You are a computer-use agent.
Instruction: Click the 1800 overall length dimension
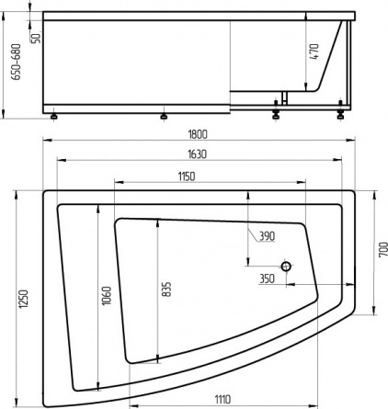[198, 134]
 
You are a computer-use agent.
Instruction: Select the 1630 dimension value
[198, 154]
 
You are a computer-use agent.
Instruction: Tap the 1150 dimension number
[187, 176]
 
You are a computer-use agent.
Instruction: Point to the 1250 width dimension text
[24, 299]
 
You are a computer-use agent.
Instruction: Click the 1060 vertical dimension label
[107, 296]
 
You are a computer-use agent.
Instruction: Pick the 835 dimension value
[166, 290]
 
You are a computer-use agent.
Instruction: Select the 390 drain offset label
[268, 236]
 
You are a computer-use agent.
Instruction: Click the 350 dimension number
[268, 278]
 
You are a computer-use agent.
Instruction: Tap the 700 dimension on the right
[383, 250]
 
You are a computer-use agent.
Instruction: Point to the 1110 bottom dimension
[223, 399]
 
